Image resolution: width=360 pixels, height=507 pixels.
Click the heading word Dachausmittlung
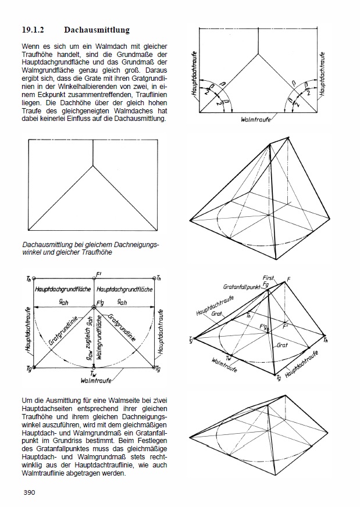click(97, 29)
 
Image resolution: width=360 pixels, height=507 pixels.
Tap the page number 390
click(30, 493)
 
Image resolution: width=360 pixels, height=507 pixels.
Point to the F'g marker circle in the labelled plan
click(94, 308)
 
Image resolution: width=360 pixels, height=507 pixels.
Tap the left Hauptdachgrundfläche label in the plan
click(62, 289)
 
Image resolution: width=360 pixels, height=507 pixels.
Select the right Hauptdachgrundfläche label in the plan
click(125, 289)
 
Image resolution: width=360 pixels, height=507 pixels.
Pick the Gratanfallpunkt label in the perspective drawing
click(243, 287)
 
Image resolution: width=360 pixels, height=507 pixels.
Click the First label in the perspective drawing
click(268, 279)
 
